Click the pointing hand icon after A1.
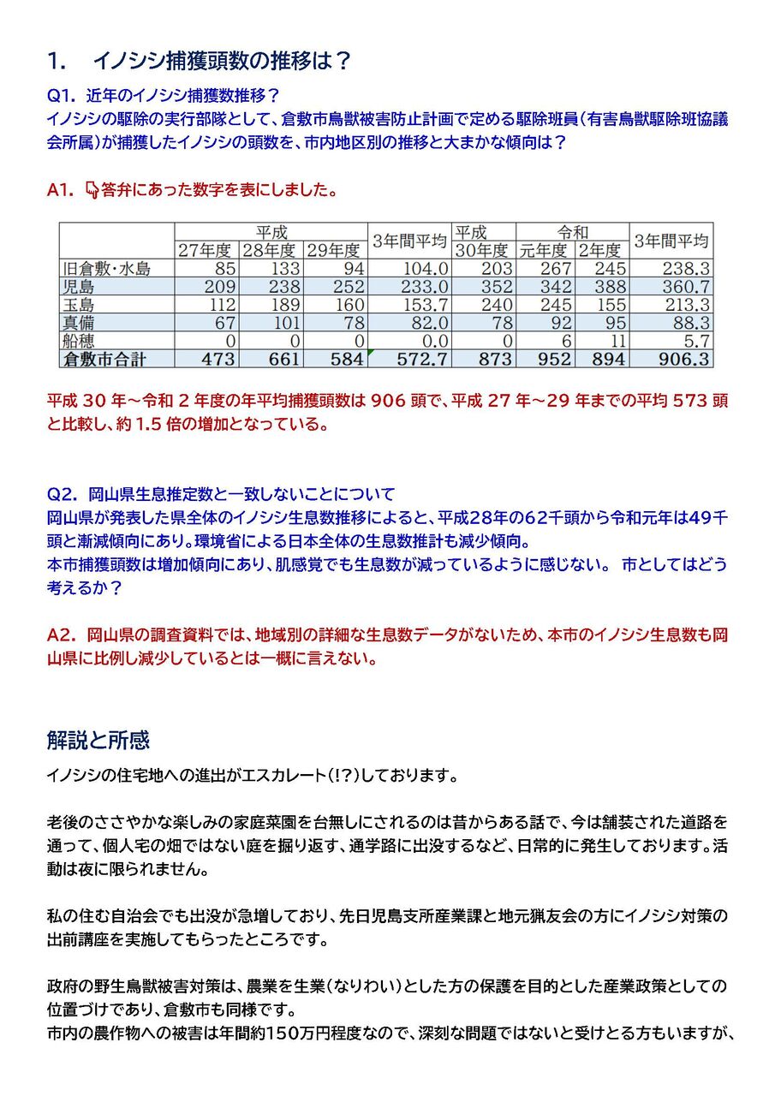[92, 190]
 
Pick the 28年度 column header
[271, 251]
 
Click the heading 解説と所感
[99, 738]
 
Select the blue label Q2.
[63, 494]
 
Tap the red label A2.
[63, 635]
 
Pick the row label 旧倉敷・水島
[107, 269]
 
